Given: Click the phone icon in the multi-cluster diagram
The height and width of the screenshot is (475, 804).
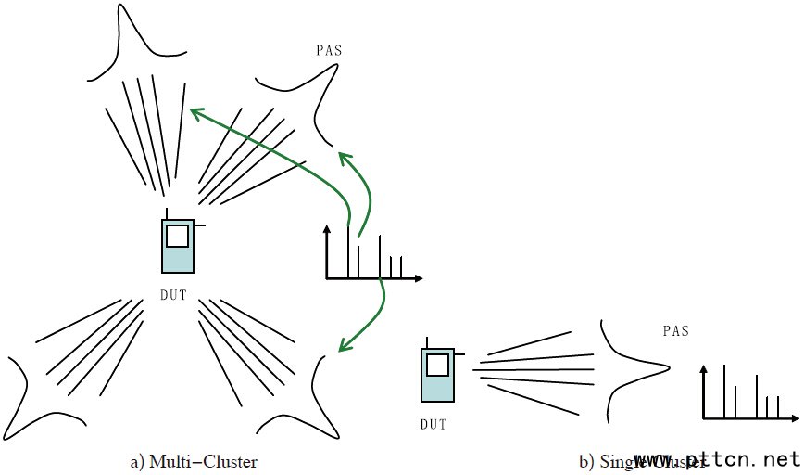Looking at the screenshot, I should tap(177, 247).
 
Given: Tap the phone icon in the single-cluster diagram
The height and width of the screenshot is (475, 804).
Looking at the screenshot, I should tap(438, 375).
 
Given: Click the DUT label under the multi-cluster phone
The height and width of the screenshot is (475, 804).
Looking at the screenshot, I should tap(173, 295).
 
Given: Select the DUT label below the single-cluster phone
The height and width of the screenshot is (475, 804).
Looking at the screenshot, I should tap(433, 425).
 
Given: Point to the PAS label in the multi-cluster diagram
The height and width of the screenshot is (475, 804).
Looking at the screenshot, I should tap(329, 50).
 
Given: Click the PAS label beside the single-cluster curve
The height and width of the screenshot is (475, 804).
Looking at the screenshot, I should tap(677, 331).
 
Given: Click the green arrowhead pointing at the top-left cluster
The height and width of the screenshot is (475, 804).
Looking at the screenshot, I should tap(193, 112).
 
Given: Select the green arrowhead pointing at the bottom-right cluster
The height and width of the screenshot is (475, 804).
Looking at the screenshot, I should tap(342, 348).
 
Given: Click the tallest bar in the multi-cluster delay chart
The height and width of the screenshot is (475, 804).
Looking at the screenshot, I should tap(348, 250).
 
